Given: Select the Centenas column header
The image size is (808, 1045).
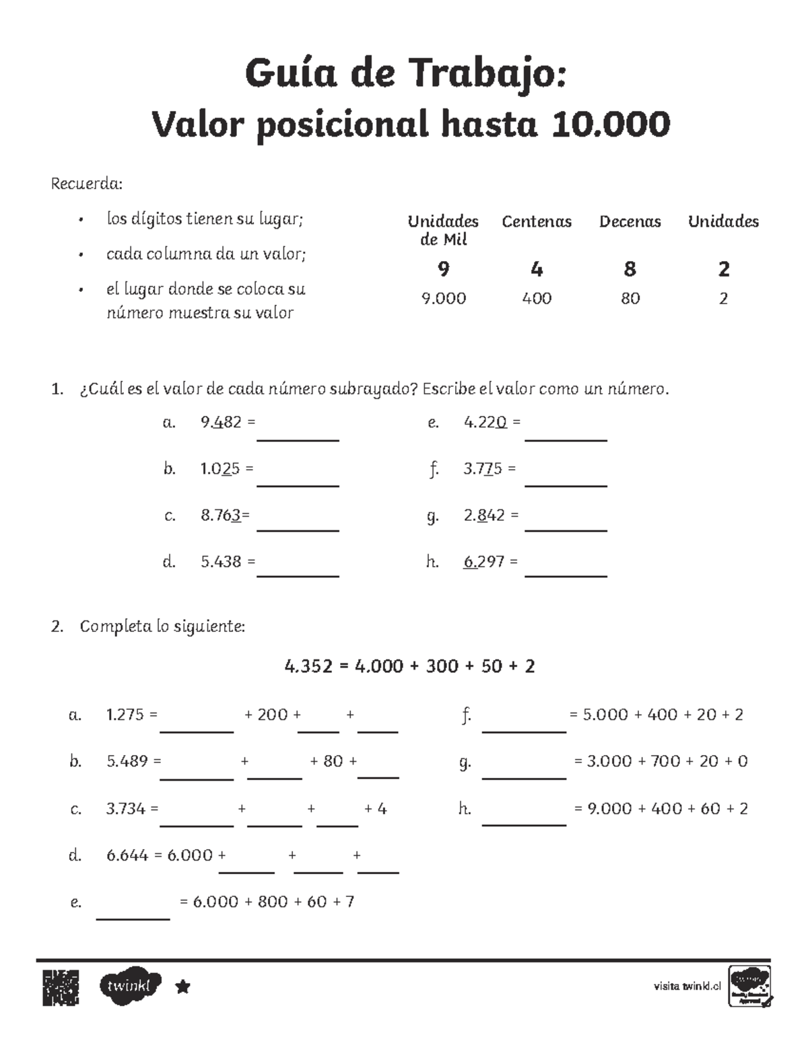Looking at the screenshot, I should point(537,221).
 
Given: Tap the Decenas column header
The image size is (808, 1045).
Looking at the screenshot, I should point(630,221).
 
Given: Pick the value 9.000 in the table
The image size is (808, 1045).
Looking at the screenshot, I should point(443,298).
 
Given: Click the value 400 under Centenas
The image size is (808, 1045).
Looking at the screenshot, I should point(537,298).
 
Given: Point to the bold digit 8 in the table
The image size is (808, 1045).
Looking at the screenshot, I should point(630,269).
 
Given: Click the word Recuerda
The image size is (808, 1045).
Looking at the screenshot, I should point(87,184).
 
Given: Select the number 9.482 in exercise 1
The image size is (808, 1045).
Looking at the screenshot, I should point(221,423).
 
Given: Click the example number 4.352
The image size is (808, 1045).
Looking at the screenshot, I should point(308,666).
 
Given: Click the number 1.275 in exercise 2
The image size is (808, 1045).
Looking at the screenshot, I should point(125,715).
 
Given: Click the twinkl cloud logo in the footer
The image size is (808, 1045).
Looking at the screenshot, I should point(131,986).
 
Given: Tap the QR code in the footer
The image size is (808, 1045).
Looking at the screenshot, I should point(61,987).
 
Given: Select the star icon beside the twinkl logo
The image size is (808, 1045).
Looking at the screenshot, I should point(182,987).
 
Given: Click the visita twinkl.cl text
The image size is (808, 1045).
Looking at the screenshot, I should point(687,986).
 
